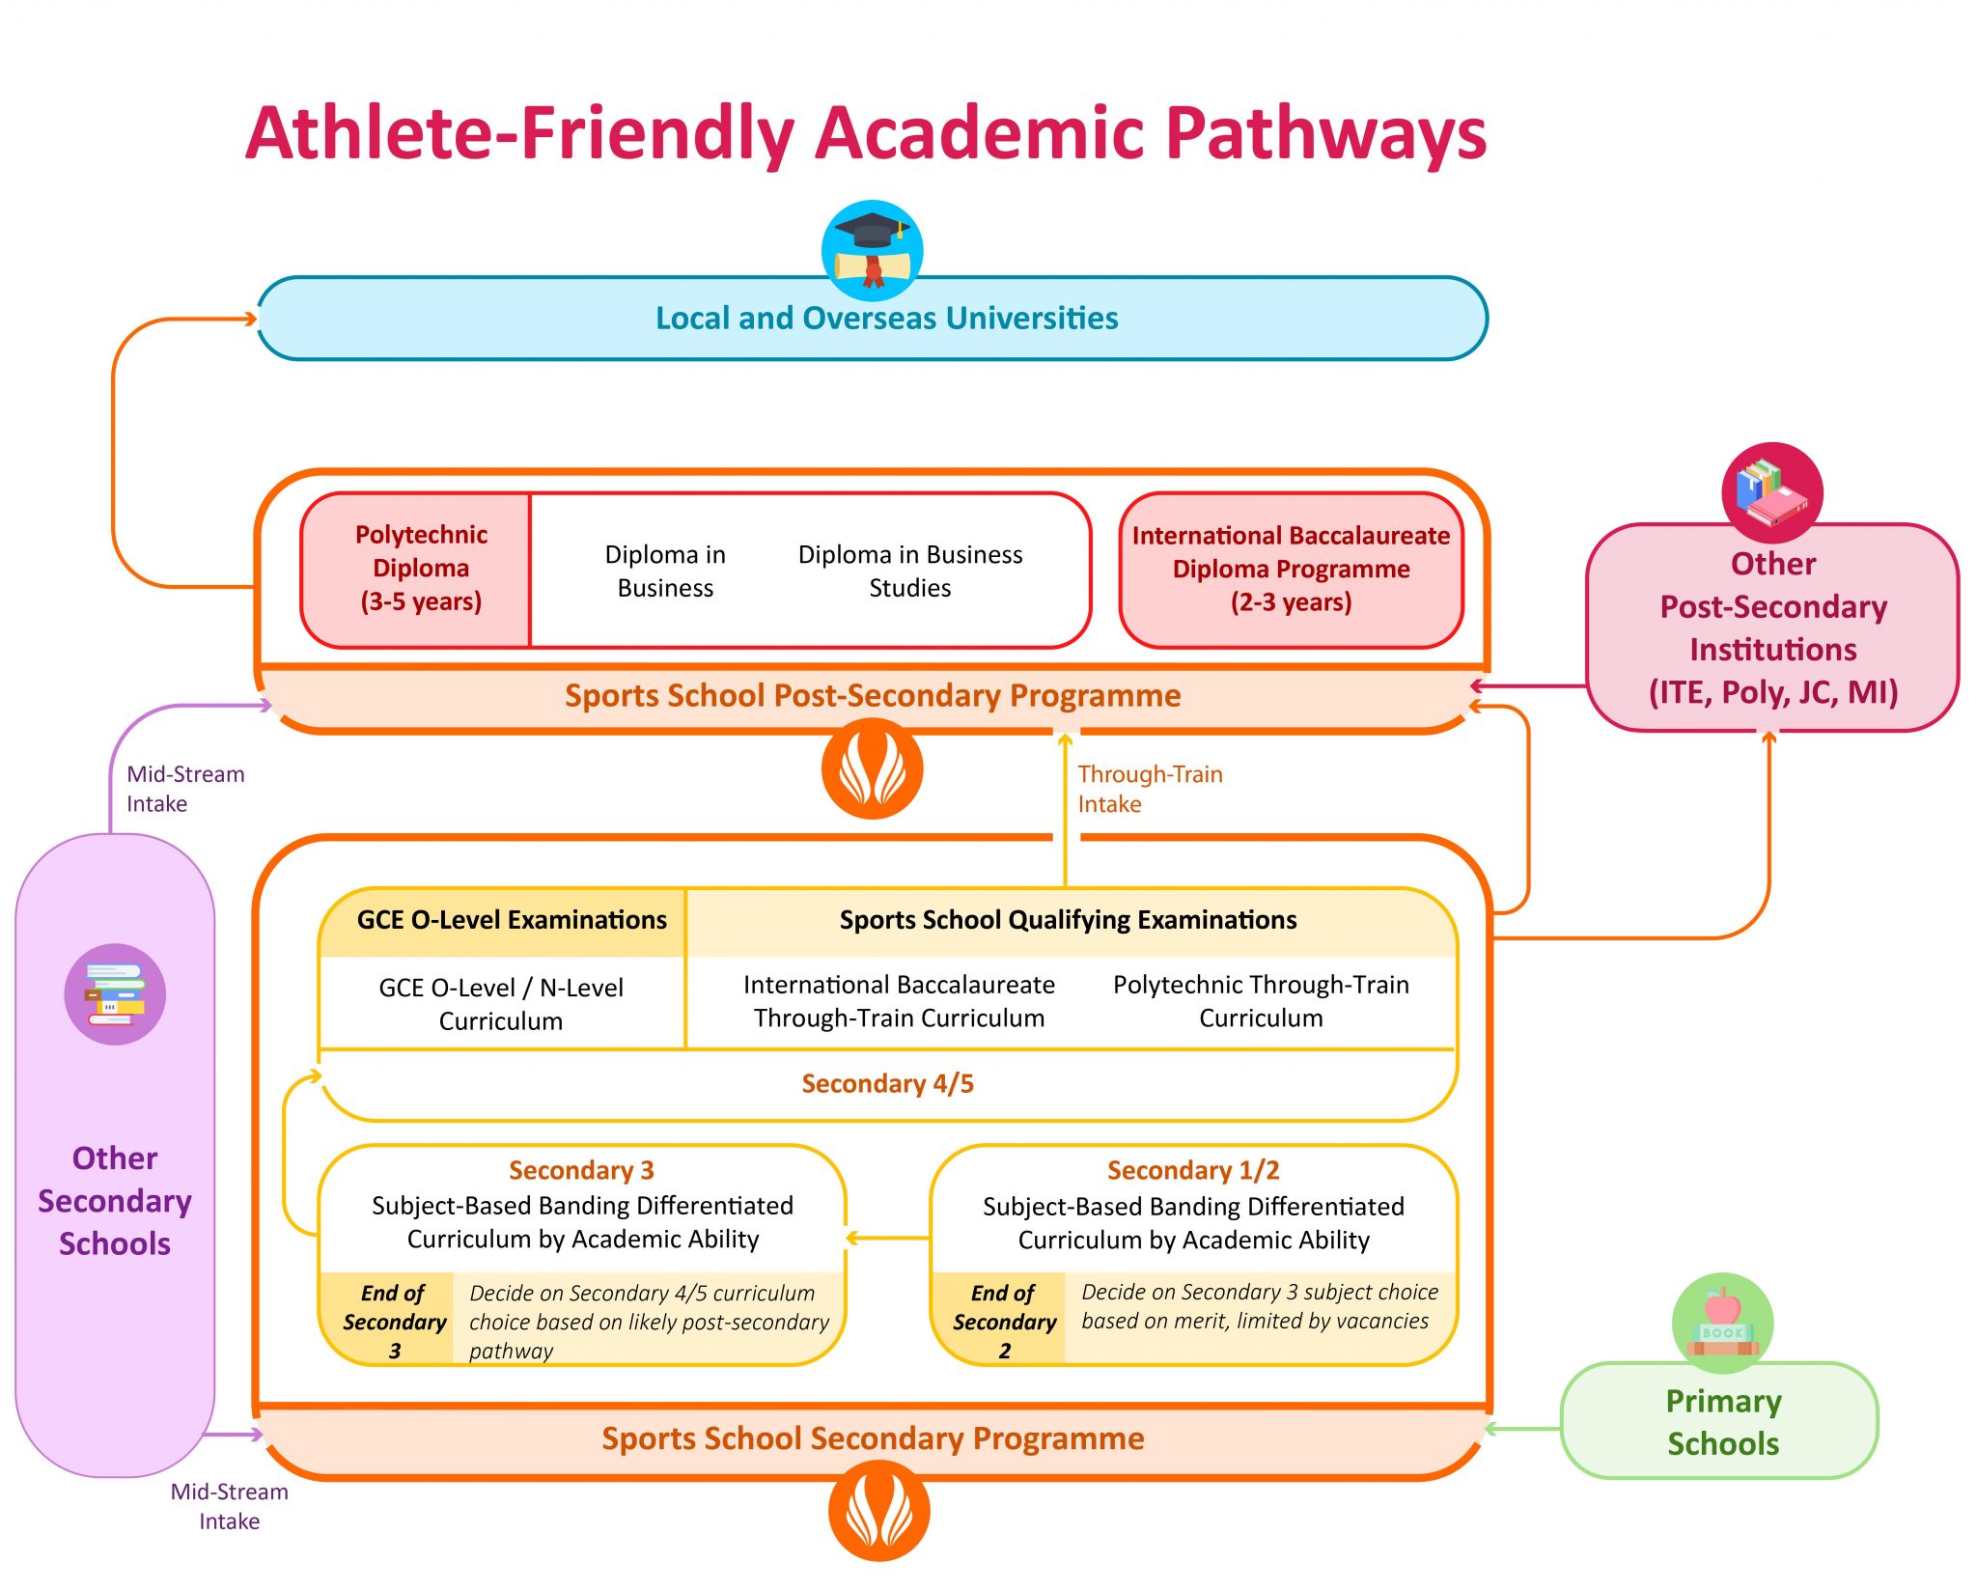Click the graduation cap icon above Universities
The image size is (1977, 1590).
[872, 250]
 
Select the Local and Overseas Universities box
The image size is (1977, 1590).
[885, 319]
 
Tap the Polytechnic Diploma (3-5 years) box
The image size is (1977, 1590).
[420, 569]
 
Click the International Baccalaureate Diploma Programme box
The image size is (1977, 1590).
[1291, 569]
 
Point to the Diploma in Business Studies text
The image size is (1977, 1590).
[909, 571]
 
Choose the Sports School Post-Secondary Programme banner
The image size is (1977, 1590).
[872, 696]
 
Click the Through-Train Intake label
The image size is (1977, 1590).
[1149, 789]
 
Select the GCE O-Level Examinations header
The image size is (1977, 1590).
[511, 920]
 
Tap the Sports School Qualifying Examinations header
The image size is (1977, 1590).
[1068, 920]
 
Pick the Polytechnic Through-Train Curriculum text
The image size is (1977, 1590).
[1260, 1001]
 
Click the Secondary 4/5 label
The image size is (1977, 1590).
[887, 1084]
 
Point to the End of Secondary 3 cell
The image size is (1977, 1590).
[393, 1321]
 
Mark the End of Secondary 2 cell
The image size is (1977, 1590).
[1003, 1321]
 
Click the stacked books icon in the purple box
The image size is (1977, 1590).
[115, 994]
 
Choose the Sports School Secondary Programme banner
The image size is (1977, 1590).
[872, 1438]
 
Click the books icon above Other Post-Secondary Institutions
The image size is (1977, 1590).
[1771, 492]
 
